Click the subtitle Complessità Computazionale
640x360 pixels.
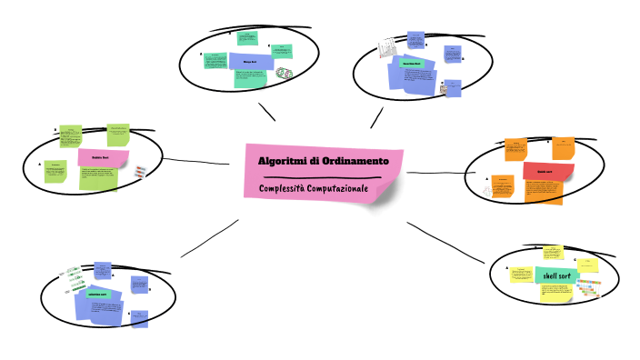[x=312, y=187]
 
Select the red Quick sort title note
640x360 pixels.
[x=548, y=171]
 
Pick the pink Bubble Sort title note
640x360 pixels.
[x=101, y=157]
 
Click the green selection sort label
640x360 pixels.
[x=97, y=295]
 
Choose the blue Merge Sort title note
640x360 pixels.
[x=246, y=62]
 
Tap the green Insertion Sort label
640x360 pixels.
[x=415, y=65]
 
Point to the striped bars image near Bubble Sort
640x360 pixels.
[x=138, y=172]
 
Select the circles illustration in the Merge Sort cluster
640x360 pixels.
[x=285, y=73]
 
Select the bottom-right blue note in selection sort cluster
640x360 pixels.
[x=139, y=318]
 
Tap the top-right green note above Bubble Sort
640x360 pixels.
[x=118, y=134]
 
